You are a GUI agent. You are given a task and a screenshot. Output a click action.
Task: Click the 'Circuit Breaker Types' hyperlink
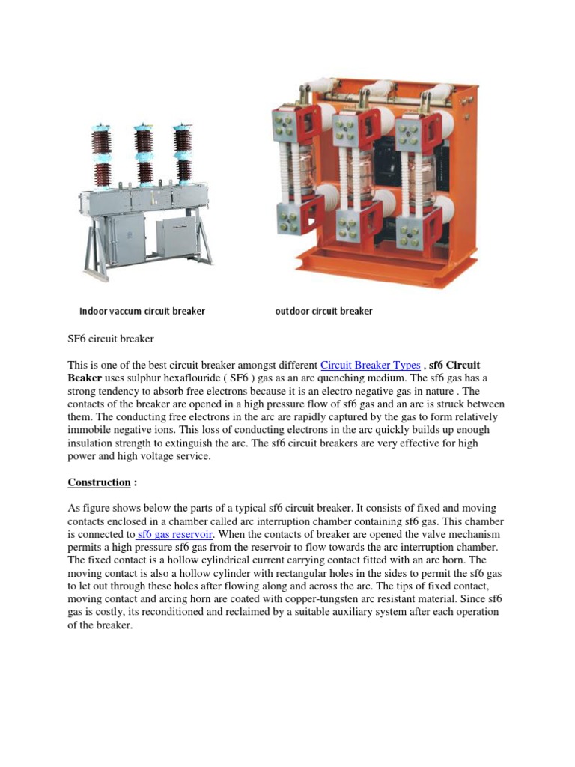[x=370, y=365]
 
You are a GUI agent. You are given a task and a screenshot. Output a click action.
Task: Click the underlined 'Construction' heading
[x=99, y=482]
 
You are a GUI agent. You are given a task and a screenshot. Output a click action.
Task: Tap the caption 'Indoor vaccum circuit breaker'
[x=142, y=311]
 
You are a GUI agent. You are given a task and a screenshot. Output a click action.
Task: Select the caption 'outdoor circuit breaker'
[x=323, y=311]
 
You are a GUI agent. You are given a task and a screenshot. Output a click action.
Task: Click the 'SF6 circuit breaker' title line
[x=111, y=339]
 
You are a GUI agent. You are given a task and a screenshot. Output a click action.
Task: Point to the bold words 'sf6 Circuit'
[x=454, y=365]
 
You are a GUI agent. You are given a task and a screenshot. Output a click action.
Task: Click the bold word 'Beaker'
[x=85, y=378]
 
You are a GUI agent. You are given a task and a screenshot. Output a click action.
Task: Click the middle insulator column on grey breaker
[x=142, y=157]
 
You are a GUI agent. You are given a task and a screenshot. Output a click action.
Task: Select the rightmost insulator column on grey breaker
[x=181, y=157]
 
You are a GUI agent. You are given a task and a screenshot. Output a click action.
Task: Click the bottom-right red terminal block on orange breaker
[x=416, y=228]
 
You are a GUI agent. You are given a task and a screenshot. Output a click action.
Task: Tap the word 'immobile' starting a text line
[x=88, y=430]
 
